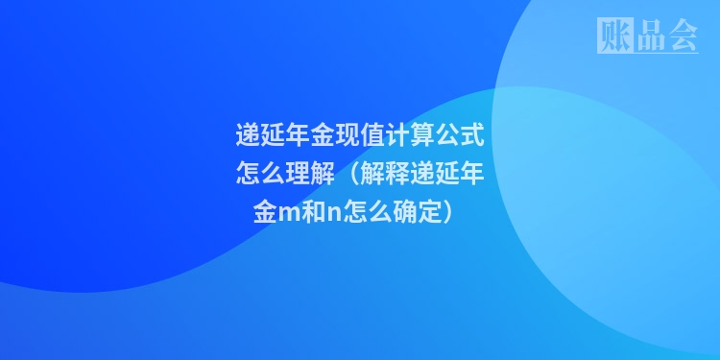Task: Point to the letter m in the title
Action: coord(288,213)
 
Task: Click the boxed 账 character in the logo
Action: coord(613,36)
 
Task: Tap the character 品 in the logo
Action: coord(648,36)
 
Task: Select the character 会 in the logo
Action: coord(682,36)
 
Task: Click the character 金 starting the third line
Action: coord(264,212)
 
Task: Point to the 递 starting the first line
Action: coord(249,135)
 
